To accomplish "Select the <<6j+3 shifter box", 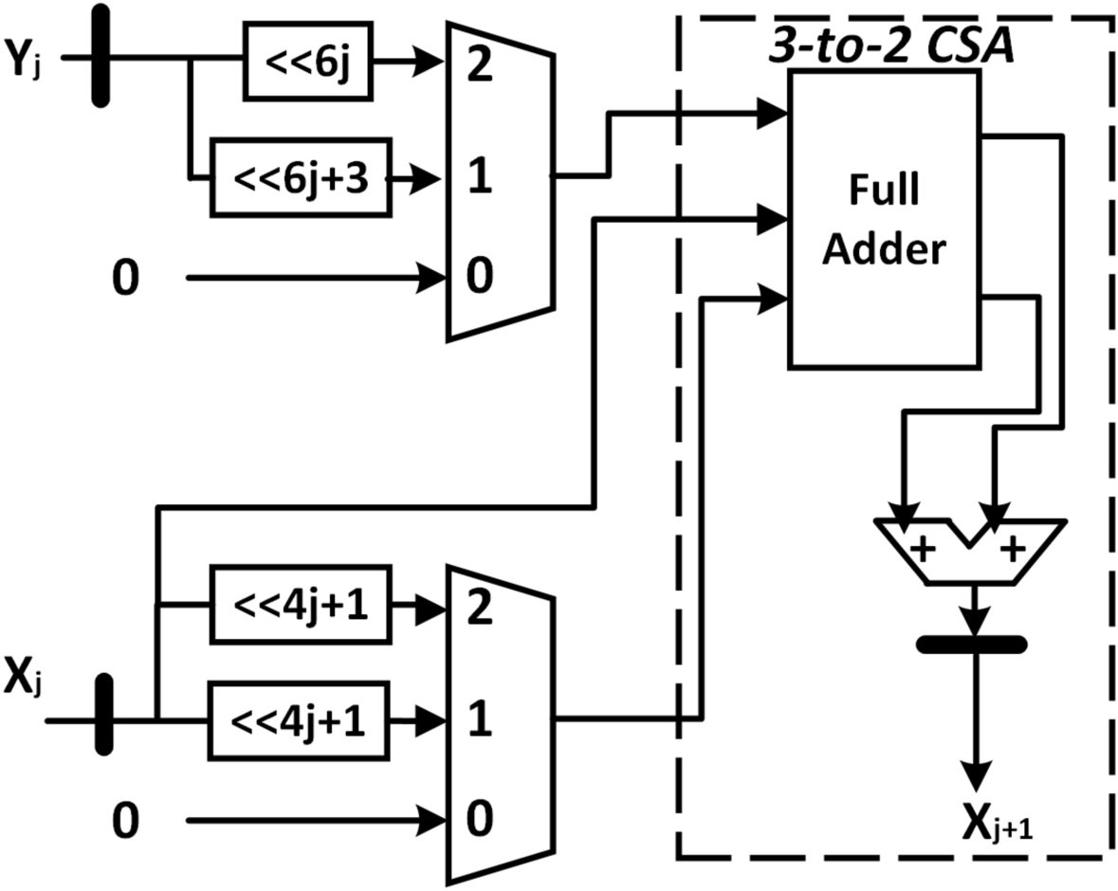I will [300, 177].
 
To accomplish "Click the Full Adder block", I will [883, 220].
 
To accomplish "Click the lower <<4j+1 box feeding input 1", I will [300, 719].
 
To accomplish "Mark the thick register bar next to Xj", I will [104, 716].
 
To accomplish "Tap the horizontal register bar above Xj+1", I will [971, 645].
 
